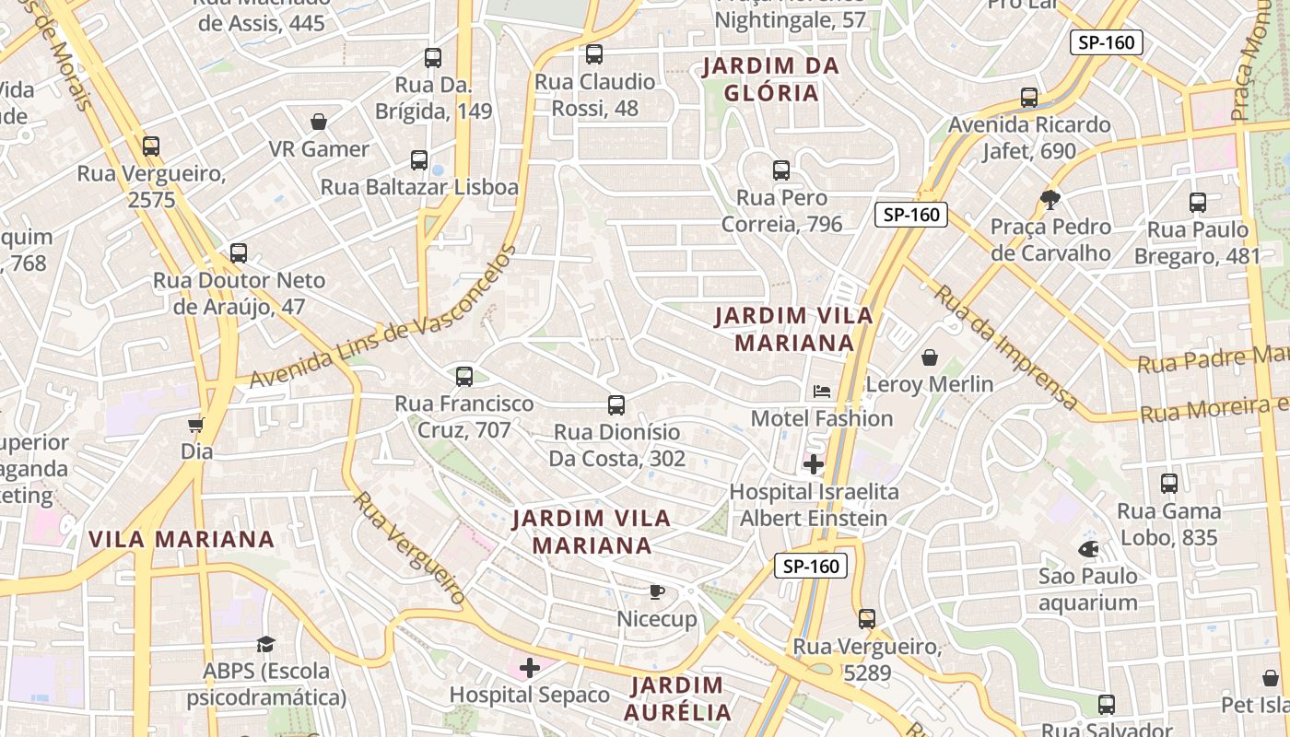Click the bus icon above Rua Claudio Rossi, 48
pyautogui.click(x=594, y=54)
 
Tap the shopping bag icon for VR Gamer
pyautogui.click(x=319, y=122)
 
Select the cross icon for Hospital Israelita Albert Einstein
pyautogui.click(x=814, y=463)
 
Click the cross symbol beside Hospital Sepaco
pyautogui.click(x=530, y=668)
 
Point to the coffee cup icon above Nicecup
pyautogui.click(x=656, y=591)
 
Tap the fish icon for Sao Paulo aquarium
pyautogui.click(x=1088, y=549)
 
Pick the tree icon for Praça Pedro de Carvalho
pyautogui.click(x=1050, y=199)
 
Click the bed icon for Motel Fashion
pyautogui.click(x=822, y=392)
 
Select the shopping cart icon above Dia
pyautogui.click(x=195, y=425)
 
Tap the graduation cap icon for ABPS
pyautogui.click(x=266, y=644)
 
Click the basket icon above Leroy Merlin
pyautogui.click(x=930, y=357)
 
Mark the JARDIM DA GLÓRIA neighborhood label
pyautogui.click(x=771, y=79)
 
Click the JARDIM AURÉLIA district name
pyautogui.click(x=677, y=698)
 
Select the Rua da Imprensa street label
pyautogui.click(x=1006, y=347)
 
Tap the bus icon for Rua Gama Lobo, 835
pyautogui.click(x=1169, y=483)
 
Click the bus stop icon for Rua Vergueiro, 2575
pyautogui.click(x=151, y=146)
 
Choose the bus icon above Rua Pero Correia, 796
pyautogui.click(x=781, y=170)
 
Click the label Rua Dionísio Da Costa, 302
pyautogui.click(x=616, y=445)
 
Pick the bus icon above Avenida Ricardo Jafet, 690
pyautogui.click(x=1029, y=98)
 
